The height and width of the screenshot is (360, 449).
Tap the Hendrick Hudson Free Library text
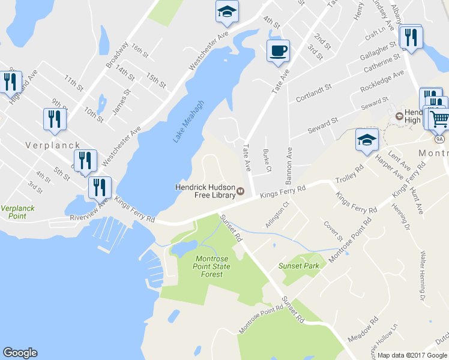(x=205, y=190)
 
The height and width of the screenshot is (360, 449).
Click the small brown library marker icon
(x=241, y=191)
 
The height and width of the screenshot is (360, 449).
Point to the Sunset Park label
(x=297, y=265)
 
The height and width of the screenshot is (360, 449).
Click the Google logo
(x=20, y=353)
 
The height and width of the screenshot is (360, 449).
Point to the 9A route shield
(x=439, y=139)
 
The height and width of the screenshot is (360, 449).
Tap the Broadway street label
(x=116, y=53)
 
